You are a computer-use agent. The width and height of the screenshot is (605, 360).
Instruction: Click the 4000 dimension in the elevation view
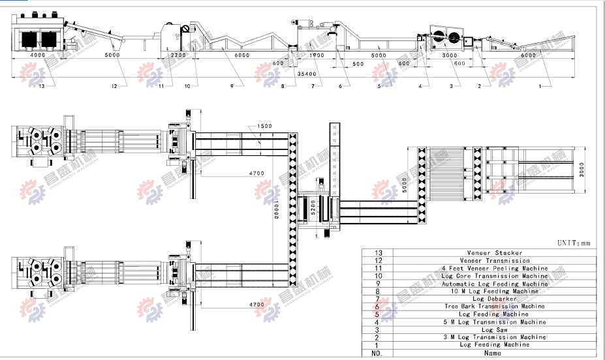click(38, 55)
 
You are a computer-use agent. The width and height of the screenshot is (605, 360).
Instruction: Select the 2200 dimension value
click(178, 55)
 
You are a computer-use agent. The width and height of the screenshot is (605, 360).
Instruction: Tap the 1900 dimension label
click(317, 55)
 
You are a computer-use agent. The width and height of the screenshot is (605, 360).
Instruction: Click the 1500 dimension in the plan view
click(264, 126)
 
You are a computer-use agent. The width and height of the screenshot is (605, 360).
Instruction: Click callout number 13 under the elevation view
click(42, 86)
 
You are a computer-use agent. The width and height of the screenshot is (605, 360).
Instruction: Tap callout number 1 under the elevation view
click(539, 86)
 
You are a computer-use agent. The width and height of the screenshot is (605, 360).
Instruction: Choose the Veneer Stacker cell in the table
click(494, 252)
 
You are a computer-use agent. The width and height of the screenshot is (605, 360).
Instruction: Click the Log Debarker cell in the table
click(494, 299)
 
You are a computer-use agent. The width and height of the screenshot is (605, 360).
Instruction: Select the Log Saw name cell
click(494, 329)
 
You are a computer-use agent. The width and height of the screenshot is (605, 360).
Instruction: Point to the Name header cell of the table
click(494, 353)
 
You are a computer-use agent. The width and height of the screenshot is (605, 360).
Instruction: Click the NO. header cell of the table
click(377, 353)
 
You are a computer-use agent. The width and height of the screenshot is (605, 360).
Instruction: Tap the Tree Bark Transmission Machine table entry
click(494, 307)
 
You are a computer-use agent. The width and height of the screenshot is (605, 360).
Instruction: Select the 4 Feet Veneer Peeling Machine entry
click(494, 268)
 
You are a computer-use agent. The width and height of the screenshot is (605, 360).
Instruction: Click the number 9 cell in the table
click(377, 284)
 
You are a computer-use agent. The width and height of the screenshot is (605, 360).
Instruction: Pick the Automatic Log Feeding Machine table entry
click(494, 284)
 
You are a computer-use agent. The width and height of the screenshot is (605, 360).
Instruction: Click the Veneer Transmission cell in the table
click(494, 260)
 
